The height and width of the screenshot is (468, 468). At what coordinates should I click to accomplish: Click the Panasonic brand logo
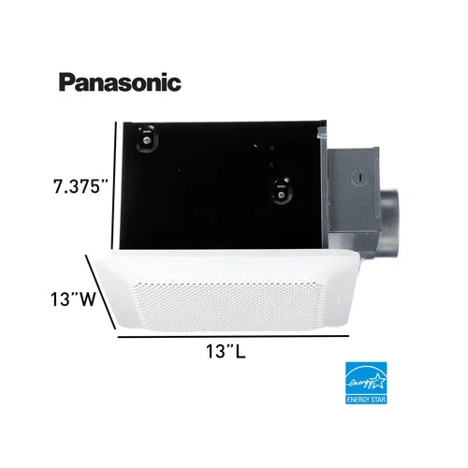pyautogui.click(x=120, y=82)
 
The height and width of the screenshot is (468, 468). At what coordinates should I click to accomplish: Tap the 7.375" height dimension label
pyautogui.click(x=80, y=186)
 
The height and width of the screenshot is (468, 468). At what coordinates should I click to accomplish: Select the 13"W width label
pyautogui.click(x=73, y=299)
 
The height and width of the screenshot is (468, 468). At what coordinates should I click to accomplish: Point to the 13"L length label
pyautogui.click(x=226, y=351)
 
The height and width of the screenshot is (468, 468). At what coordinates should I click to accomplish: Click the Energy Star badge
pyautogui.click(x=366, y=383)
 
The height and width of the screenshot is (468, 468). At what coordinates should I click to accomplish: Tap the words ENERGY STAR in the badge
pyautogui.click(x=366, y=400)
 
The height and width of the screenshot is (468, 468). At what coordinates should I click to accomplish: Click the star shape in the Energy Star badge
pyautogui.click(x=378, y=380)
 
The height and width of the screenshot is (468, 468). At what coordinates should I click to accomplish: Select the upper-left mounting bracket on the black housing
pyautogui.click(x=146, y=139)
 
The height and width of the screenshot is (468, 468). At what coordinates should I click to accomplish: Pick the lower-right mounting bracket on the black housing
pyautogui.click(x=281, y=191)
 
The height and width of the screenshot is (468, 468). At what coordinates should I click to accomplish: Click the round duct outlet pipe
pyautogui.click(x=389, y=223)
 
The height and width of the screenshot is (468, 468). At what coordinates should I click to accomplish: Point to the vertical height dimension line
pyautogui.click(x=114, y=185)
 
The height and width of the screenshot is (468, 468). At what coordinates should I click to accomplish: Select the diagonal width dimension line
pyautogui.click(x=100, y=292)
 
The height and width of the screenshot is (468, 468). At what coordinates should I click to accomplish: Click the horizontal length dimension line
pyautogui.click(x=233, y=336)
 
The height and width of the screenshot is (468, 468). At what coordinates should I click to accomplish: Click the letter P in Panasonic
pyautogui.click(x=66, y=82)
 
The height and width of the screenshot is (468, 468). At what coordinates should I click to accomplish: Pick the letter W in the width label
pyautogui.click(x=85, y=299)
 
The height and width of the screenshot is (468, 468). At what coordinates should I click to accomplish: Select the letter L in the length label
pyautogui.click(x=241, y=351)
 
